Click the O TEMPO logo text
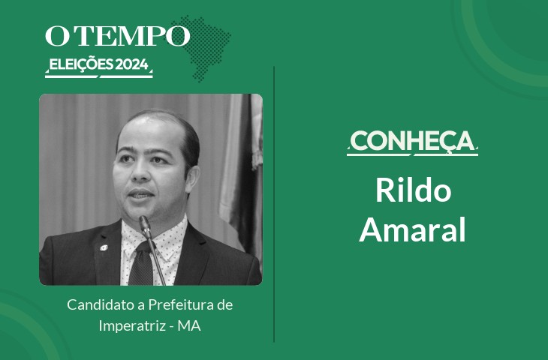pos(117,35)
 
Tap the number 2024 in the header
pos(131,64)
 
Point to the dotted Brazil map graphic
pos(203,48)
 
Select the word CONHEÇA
pos(412,141)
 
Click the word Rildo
pos(413,190)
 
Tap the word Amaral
pos(412,229)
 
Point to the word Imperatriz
pos(132,326)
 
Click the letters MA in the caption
pos(189,326)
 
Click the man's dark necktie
pos(142,264)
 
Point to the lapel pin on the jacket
pos(104,247)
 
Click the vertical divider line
pos(274,204)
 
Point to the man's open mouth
pos(140,194)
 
